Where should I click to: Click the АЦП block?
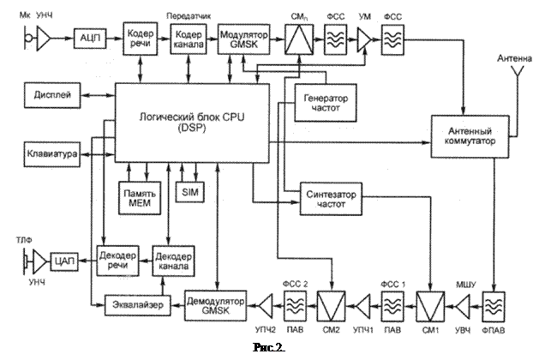pos(91,38)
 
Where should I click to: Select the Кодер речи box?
pos(141,39)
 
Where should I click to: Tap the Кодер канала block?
pos(189,39)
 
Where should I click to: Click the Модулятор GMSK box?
pos(243,39)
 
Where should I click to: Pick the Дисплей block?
pos(52,95)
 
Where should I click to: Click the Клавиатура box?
pos(52,154)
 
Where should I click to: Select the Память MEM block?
pos(140,198)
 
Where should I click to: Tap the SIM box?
pos(189,192)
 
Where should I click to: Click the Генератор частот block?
pos(326,103)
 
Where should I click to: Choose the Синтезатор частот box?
pos(331,199)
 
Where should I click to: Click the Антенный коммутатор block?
pos(470,136)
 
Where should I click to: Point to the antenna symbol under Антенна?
pos(518,71)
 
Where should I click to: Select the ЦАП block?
pos(64,261)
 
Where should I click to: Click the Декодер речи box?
pos(118,261)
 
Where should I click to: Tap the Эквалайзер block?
pos(137,305)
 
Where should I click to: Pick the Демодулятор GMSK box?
pos(216,306)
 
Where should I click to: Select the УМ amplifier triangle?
pos(364,40)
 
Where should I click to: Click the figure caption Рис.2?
pos(269,348)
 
